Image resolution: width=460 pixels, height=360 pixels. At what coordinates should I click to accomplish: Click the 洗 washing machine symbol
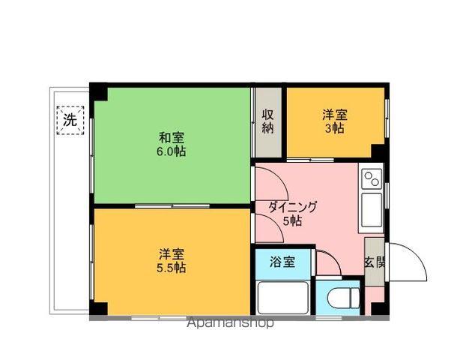click(70, 119)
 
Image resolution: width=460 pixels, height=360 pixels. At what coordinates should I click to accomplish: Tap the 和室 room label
click(171, 137)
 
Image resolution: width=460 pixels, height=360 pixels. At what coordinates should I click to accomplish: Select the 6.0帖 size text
click(171, 151)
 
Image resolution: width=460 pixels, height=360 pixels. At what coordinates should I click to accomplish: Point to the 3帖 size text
click(334, 128)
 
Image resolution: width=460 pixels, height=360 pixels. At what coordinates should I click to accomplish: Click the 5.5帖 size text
click(172, 267)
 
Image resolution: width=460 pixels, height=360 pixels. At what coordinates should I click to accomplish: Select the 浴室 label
click(282, 262)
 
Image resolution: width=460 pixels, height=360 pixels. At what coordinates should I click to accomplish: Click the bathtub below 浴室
click(283, 298)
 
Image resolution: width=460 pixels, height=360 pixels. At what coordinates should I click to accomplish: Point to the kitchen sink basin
click(370, 210)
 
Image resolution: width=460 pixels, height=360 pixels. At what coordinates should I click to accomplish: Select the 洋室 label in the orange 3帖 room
click(334, 115)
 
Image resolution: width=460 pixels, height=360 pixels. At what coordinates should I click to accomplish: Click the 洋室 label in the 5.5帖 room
click(172, 253)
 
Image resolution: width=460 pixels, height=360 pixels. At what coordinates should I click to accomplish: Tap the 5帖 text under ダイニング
click(292, 221)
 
